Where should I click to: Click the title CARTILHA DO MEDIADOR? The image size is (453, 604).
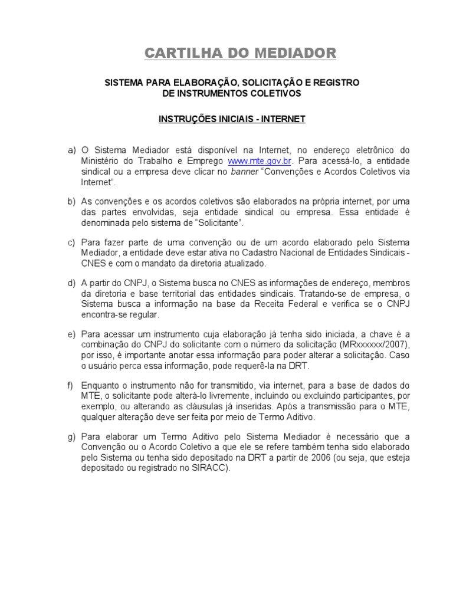click(x=240, y=54)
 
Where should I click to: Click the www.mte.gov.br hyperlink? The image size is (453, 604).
click(x=260, y=161)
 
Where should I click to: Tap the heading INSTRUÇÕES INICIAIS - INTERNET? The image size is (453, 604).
click(x=232, y=119)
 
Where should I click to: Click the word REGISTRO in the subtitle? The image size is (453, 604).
click(x=334, y=83)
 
